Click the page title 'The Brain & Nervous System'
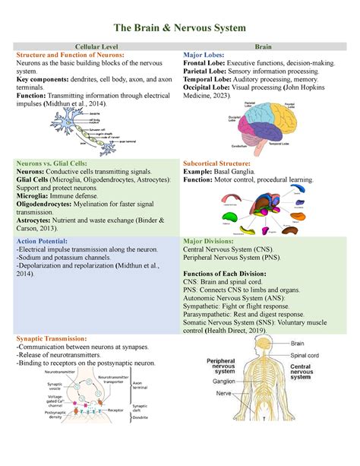[x=180, y=28]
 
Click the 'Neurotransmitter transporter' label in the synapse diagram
[x=113, y=380]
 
